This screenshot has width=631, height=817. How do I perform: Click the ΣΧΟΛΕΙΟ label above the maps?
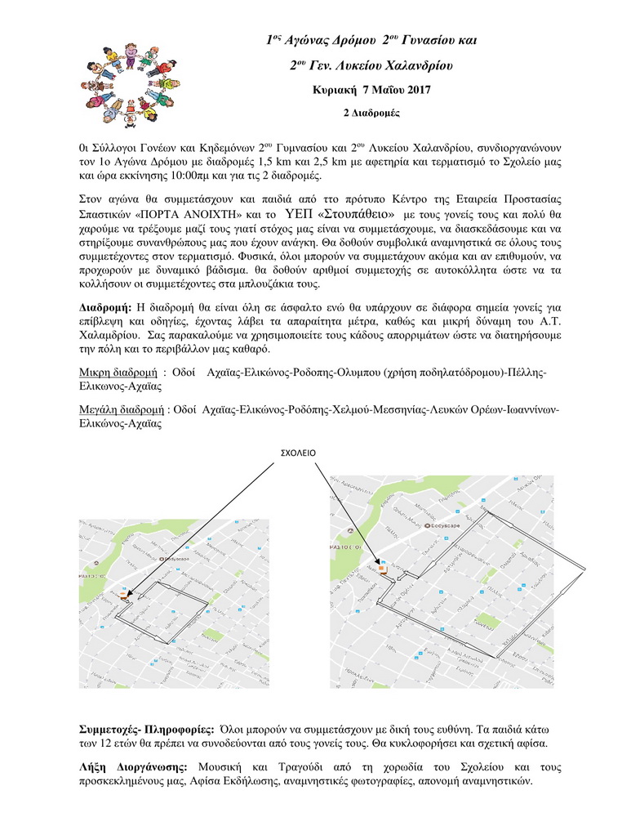pyautogui.click(x=299, y=451)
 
